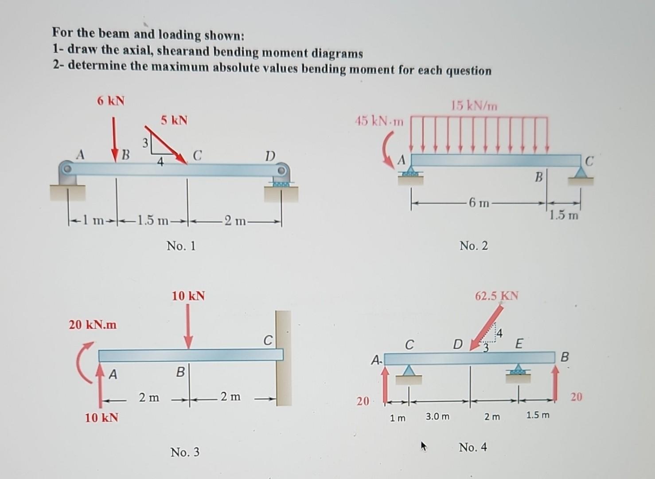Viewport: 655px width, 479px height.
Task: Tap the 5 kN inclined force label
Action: pos(174,120)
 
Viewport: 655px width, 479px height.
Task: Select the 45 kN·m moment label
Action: pos(379,121)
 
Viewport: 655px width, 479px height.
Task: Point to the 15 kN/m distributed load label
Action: pos(474,106)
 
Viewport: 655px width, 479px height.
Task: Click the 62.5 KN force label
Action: pos(496,296)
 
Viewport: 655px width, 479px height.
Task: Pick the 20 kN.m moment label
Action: pos(93,325)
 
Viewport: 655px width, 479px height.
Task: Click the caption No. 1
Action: pos(181,246)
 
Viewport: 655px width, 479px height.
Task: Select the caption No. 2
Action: pos(473,246)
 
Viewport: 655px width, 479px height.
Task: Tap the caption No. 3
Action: pos(185,452)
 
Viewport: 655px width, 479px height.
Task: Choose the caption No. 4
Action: pos(472,447)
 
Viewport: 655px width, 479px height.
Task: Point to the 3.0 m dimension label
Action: pos(437,416)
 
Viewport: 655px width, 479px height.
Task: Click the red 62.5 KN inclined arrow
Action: pos(487,326)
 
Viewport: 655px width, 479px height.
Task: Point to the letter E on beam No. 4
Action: pos(519,343)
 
